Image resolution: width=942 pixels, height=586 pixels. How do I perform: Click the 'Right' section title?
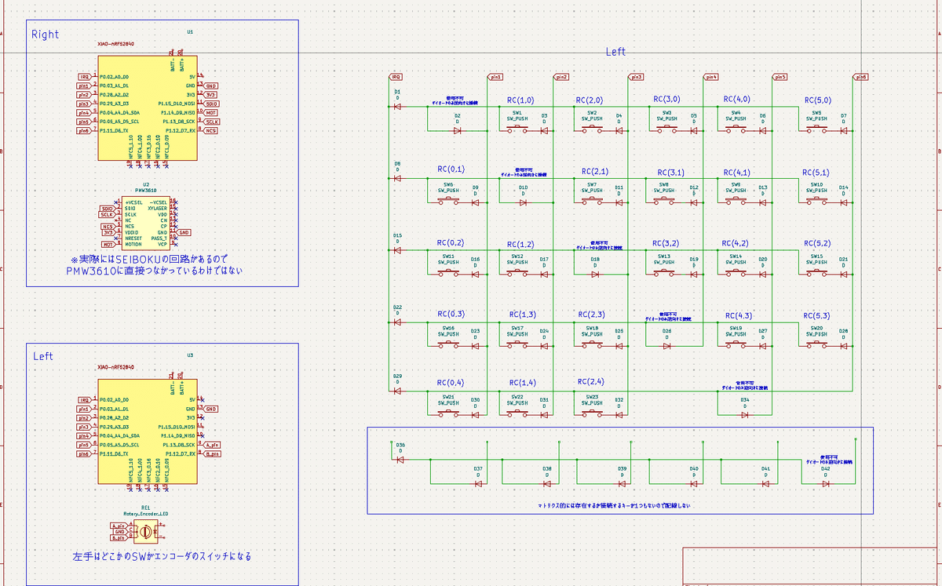coord(45,35)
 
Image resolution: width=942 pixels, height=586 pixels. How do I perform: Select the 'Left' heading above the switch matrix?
coord(615,52)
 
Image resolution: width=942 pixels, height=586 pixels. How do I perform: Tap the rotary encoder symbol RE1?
coord(144,532)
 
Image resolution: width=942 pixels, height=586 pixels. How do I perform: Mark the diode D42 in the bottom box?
coord(825,483)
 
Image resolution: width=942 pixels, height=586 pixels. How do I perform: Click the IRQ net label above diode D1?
coord(396,77)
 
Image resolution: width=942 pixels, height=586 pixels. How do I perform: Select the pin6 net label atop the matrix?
coord(861,77)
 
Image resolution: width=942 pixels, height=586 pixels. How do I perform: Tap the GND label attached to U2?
coord(184,232)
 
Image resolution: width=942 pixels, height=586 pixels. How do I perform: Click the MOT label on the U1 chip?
coord(210,113)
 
